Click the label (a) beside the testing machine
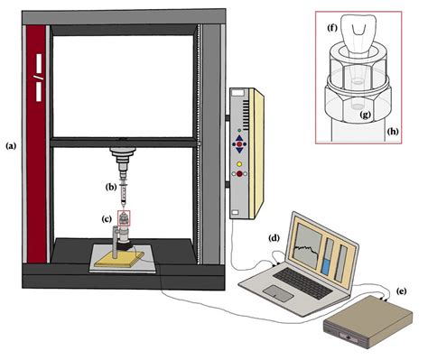pos(11,144)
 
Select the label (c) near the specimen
pos(106,217)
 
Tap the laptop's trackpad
pos(279,295)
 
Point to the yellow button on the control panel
pos(239,164)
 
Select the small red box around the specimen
pos(124,217)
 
